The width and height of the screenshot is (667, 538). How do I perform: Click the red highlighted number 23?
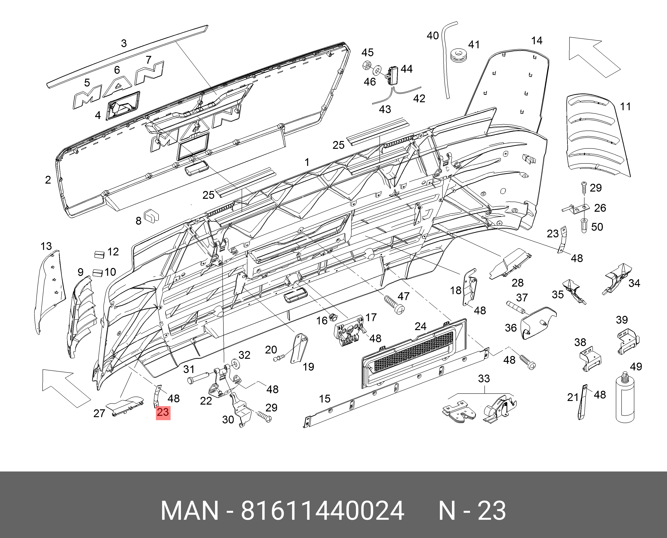pos(163,412)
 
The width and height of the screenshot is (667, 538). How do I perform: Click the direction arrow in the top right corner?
pos(591,56)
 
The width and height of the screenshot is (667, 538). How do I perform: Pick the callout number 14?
pos(537,41)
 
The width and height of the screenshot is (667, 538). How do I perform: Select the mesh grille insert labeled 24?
pos(414,353)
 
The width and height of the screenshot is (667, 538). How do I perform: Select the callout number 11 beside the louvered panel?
pos(625,107)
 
